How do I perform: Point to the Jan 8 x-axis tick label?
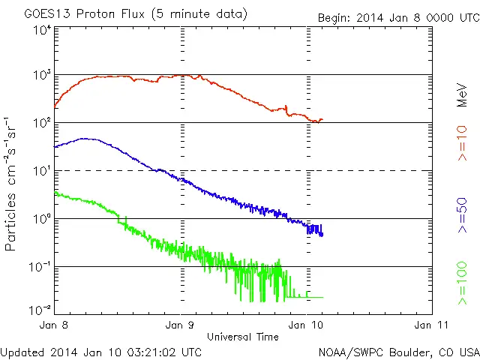pyautogui.click(x=55, y=325)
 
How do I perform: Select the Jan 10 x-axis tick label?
pyautogui.click(x=307, y=325)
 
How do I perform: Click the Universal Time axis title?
pyautogui.click(x=243, y=337)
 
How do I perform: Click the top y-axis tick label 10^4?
pyautogui.click(x=42, y=31)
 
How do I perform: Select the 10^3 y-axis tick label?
pyautogui.click(x=42, y=76)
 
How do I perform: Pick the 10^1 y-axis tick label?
pyautogui.click(x=42, y=171)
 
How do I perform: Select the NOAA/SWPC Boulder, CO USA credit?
pyautogui.click(x=398, y=351)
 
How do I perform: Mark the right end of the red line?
pyautogui.click(x=322, y=119)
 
